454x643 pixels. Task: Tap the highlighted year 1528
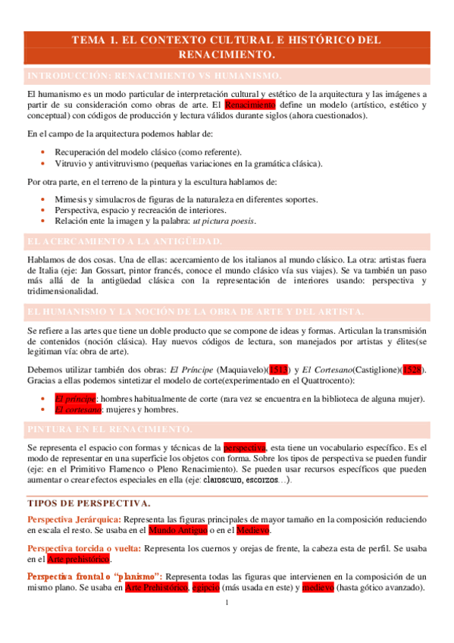coord(413,369)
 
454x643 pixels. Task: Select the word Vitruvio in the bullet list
coord(71,163)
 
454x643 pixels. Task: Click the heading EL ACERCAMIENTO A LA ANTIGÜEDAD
coord(124,241)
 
